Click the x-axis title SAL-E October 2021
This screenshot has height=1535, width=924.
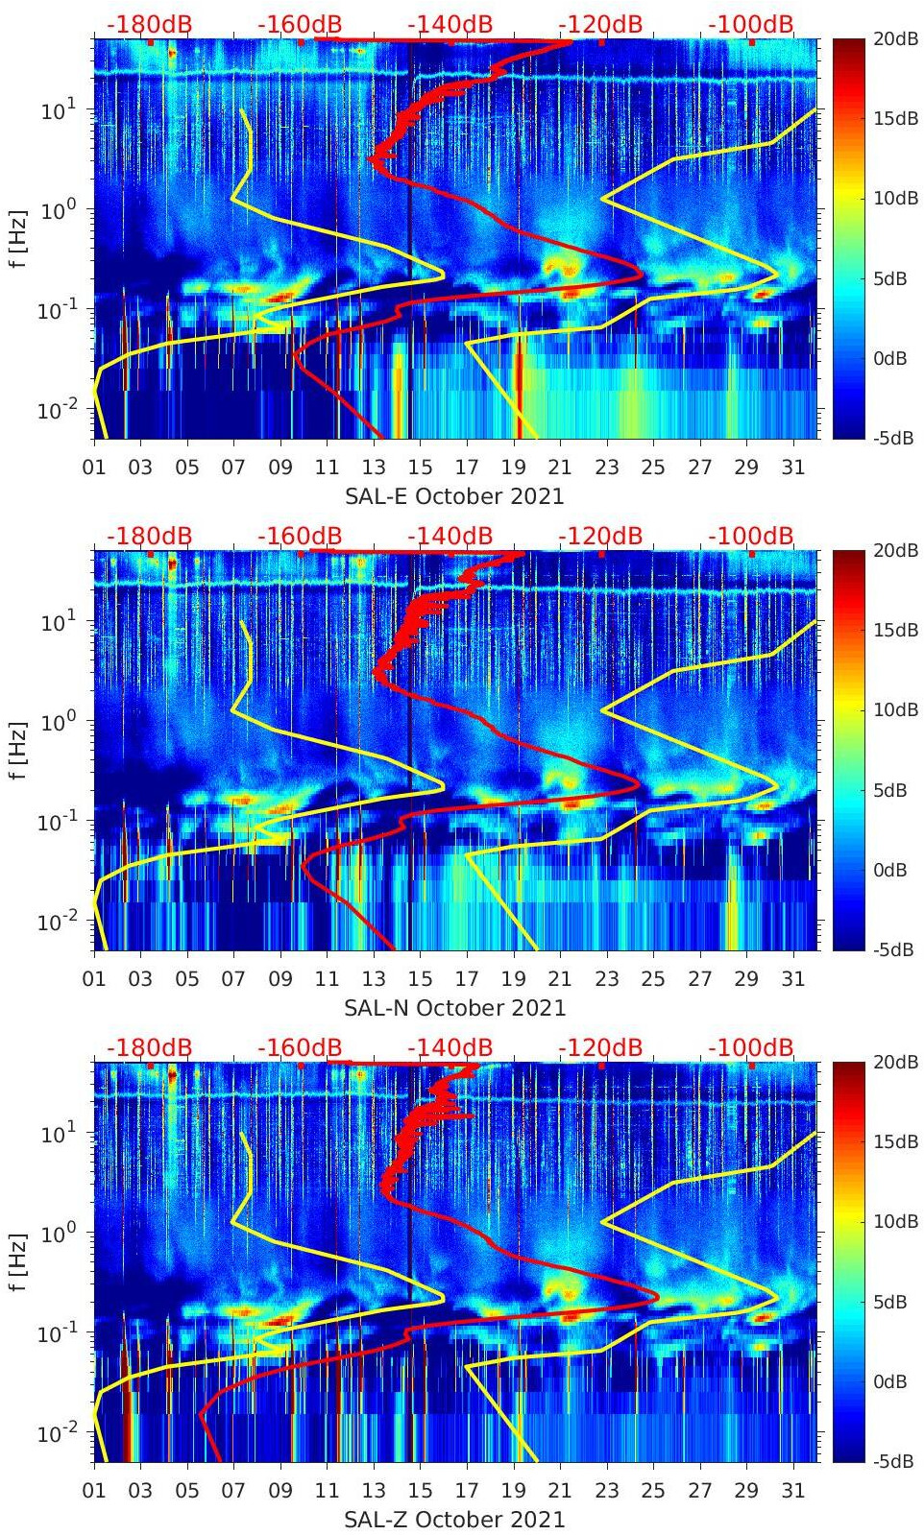[453, 496]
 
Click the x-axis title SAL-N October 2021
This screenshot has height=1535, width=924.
[454, 1008]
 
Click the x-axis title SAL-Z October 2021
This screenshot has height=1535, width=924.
[454, 1520]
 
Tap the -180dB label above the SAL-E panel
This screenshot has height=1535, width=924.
[150, 24]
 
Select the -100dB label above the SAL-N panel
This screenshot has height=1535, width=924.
[751, 536]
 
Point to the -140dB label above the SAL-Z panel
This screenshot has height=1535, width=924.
[450, 1047]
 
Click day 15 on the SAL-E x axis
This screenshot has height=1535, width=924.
[420, 468]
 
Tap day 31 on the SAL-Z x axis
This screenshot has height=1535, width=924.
[792, 1491]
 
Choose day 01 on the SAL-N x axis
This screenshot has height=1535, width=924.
[94, 979]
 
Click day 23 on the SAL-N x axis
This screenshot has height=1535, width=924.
[606, 979]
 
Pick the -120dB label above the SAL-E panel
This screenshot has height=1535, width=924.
[600, 24]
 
